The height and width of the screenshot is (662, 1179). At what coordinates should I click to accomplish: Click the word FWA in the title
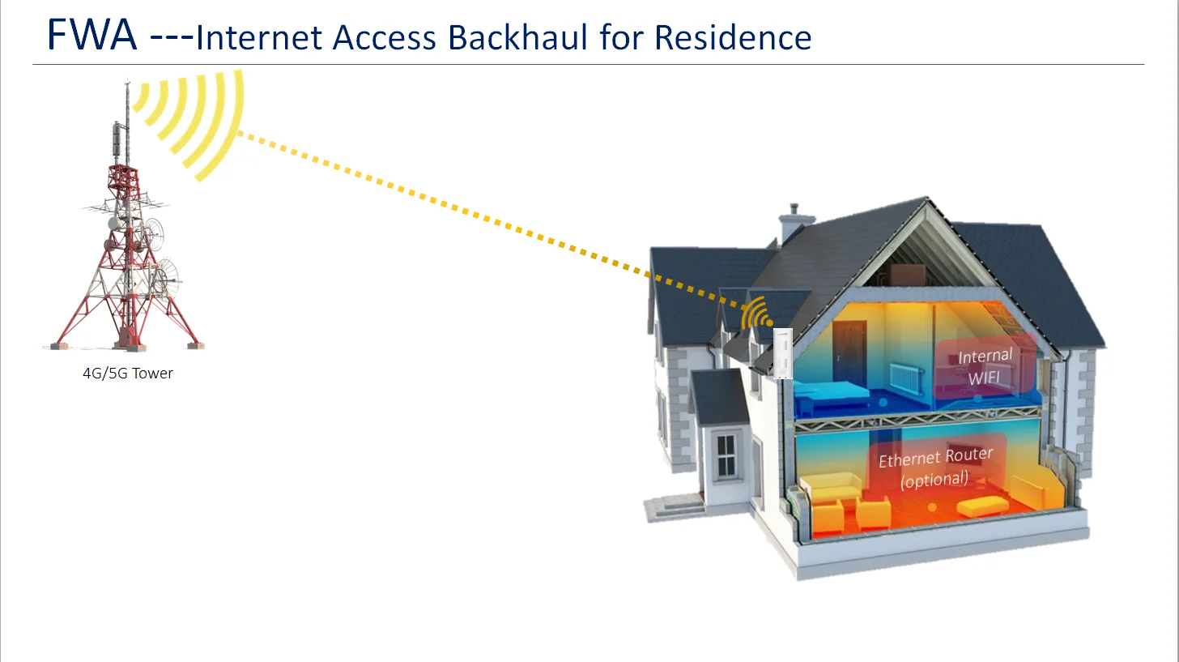point(92,35)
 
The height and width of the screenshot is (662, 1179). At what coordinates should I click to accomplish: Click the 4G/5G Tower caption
point(128,374)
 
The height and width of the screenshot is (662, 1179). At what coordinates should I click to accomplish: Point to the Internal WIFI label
point(985,367)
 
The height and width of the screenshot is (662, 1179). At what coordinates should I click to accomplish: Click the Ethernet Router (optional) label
point(935,468)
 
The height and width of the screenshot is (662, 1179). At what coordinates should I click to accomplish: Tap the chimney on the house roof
point(791,222)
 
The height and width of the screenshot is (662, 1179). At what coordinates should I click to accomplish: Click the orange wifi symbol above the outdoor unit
point(757,314)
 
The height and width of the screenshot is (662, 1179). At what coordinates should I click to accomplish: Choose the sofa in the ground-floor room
point(831,488)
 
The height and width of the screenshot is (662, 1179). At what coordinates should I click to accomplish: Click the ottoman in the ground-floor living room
point(982,506)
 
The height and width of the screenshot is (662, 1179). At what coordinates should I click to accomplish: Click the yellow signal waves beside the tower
point(194,122)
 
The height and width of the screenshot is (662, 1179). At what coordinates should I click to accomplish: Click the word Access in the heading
point(388,37)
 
